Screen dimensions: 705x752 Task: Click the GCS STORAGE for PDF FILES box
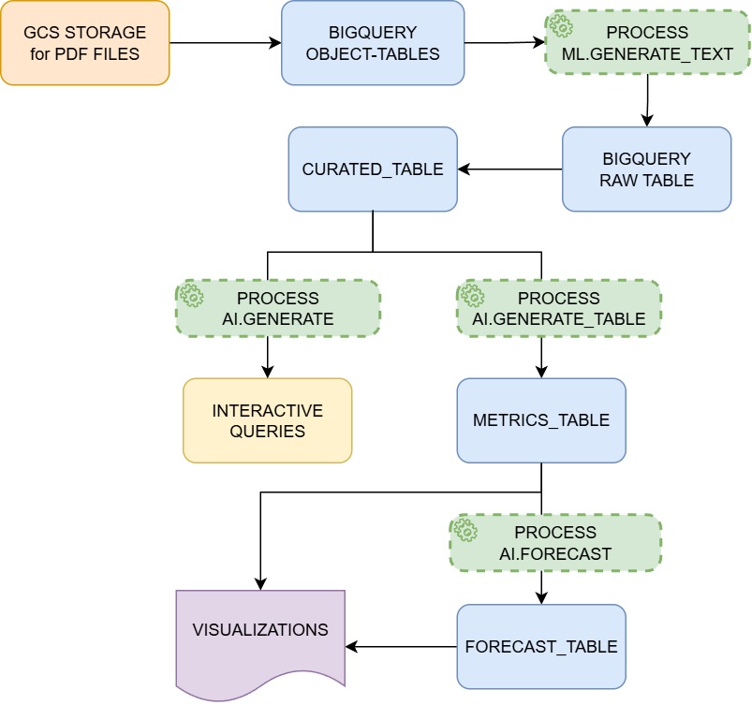85,43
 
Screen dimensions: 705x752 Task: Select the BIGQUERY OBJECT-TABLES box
374,43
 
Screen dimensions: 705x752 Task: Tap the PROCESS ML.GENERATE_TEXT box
646,43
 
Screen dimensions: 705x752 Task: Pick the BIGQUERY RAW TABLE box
646,169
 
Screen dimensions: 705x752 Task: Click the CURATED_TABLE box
373,169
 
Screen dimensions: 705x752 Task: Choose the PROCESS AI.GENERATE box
278,308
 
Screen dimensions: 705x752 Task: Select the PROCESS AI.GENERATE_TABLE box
558,308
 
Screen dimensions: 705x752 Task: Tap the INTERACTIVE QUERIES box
267,420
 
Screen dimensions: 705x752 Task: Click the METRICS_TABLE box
541,419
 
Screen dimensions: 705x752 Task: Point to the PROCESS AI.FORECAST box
555,542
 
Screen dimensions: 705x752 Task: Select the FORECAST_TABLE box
541,646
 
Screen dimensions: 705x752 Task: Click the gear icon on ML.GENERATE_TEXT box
561,26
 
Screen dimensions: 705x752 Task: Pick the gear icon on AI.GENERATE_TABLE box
473,296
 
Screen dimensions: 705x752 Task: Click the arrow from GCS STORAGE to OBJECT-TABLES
225,43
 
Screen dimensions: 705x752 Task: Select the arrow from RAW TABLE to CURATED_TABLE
510,169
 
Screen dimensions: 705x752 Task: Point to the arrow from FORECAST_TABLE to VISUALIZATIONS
403,646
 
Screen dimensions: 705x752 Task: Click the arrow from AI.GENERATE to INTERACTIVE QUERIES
268,356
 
